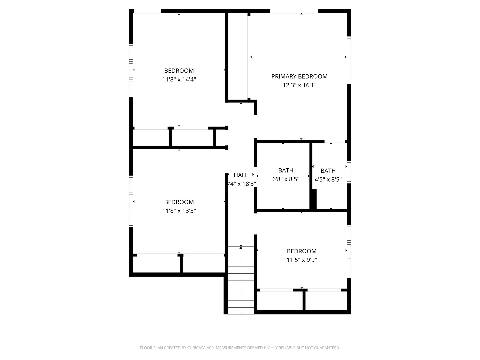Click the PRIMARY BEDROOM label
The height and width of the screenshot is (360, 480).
(x=299, y=76)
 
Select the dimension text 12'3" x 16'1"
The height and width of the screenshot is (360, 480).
(x=299, y=85)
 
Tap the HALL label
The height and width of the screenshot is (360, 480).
(x=241, y=175)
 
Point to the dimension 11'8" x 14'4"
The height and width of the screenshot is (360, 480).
(x=179, y=80)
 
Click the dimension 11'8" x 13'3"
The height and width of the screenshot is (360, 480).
(x=179, y=211)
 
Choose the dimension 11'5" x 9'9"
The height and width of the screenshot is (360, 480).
(x=302, y=260)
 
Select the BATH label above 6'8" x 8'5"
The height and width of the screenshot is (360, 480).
(x=286, y=170)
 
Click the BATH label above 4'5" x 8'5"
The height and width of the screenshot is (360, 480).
(x=328, y=171)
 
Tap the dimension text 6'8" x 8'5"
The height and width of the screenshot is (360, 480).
(x=286, y=179)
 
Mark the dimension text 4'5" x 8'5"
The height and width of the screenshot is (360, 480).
(x=328, y=179)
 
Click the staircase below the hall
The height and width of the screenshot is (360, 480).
(x=241, y=280)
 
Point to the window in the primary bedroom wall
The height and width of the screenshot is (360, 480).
(x=349, y=60)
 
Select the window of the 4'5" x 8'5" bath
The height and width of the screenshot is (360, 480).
(x=349, y=172)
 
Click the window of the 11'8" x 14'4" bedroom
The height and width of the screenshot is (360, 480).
(x=131, y=70)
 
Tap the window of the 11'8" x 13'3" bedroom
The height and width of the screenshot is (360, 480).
(x=131, y=201)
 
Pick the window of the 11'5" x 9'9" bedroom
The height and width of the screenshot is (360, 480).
(x=349, y=251)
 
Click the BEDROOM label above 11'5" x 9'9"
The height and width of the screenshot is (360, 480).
(x=302, y=251)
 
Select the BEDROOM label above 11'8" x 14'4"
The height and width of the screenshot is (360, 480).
(x=179, y=71)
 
